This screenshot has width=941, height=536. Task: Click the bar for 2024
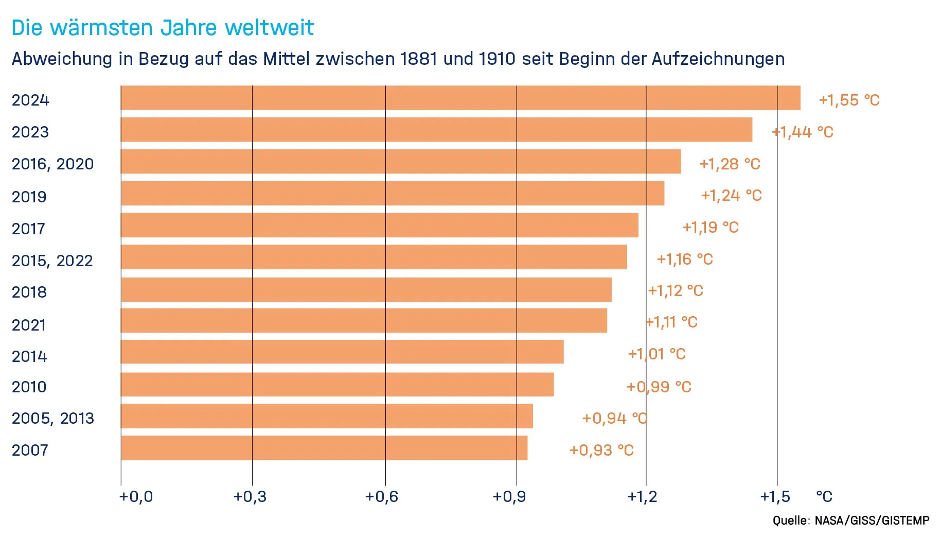pos(460,98)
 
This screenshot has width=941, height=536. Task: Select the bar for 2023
pos(436,130)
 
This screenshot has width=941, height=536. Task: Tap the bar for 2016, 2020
pos(401,162)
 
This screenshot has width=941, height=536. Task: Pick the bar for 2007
pos(324,448)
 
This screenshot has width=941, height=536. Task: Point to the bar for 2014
pos(342,352)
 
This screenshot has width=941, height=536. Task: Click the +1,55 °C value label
pos(849,100)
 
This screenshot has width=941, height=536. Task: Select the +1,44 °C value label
pos(803,132)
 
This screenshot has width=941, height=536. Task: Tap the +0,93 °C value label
pos(601,451)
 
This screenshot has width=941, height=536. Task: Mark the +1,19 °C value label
pos(710,227)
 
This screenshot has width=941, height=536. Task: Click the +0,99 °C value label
pos(659,387)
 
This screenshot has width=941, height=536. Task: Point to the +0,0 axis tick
pos(136,496)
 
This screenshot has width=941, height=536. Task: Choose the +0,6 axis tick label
pos(381,496)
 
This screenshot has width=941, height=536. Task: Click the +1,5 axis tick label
pos(775,496)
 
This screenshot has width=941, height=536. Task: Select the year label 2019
pos(29,197)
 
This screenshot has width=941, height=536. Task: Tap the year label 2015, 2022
pos(52,261)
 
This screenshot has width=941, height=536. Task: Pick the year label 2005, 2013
pos(53,418)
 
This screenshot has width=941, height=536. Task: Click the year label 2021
pos(29,325)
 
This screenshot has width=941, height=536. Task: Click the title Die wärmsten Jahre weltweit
pos(163,28)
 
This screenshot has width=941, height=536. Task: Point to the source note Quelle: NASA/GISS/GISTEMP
pos(850,521)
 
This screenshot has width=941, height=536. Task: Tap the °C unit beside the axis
pos(824,496)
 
